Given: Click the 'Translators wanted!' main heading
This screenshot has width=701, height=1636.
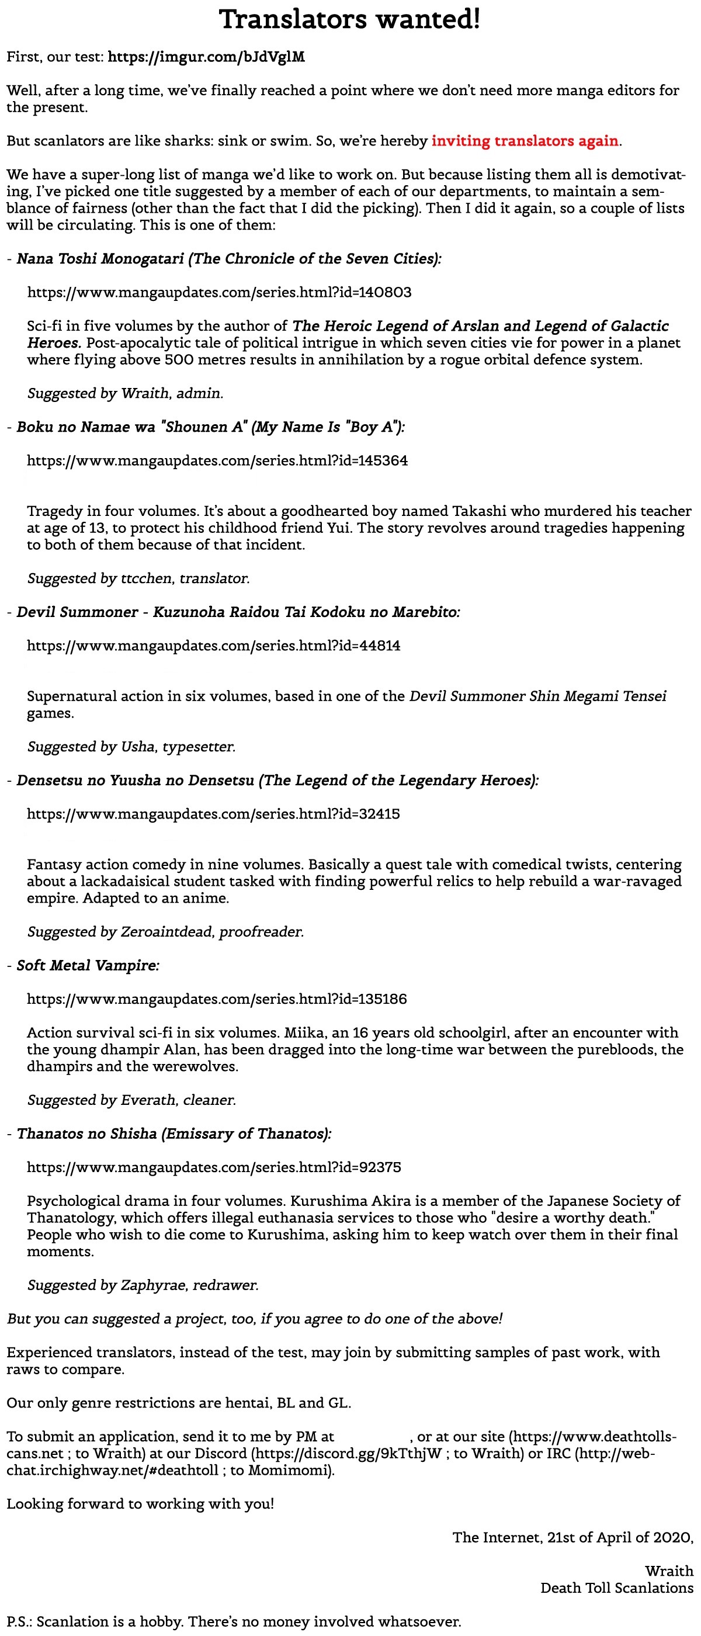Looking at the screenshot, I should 350,20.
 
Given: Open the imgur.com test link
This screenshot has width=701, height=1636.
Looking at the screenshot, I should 206,57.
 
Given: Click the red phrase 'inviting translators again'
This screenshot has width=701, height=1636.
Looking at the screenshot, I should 525,141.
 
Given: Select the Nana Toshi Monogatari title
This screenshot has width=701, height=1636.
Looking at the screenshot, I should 228,259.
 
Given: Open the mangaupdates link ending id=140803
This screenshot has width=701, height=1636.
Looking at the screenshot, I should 219,293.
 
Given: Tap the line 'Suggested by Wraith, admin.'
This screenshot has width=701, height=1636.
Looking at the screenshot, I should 125,394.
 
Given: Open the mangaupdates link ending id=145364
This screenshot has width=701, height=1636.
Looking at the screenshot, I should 217,461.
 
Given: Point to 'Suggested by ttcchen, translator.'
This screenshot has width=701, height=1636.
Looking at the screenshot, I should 138,578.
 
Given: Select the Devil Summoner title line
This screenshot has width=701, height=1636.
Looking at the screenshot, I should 238,612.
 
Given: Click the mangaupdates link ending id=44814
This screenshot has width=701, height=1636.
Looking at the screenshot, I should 213,646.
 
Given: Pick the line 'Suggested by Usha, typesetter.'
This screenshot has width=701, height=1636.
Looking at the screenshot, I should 131,747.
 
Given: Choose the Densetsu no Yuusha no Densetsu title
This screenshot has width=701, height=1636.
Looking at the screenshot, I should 277,781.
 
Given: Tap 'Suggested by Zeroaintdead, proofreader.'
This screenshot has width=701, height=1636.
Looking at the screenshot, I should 165,933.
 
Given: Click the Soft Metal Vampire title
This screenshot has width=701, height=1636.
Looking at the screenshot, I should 88,966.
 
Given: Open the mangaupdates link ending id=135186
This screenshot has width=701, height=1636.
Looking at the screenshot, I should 217,1000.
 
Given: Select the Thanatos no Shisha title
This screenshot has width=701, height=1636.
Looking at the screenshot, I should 174,1134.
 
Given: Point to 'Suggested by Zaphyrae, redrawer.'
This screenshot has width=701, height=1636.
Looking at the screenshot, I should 143,1285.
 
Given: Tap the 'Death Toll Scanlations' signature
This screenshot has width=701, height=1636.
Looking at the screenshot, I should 616,1588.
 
